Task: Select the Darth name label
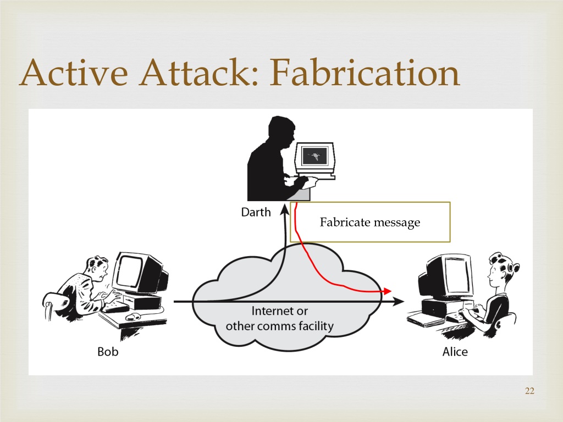click(256, 212)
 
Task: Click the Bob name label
click(108, 351)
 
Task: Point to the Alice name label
click(455, 351)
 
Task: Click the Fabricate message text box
click(370, 222)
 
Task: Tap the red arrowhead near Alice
click(387, 291)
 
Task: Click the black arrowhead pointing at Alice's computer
click(398, 302)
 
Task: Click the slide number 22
click(529, 391)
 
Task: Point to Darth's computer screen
click(315, 156)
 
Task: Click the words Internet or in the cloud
click(279, 311)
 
